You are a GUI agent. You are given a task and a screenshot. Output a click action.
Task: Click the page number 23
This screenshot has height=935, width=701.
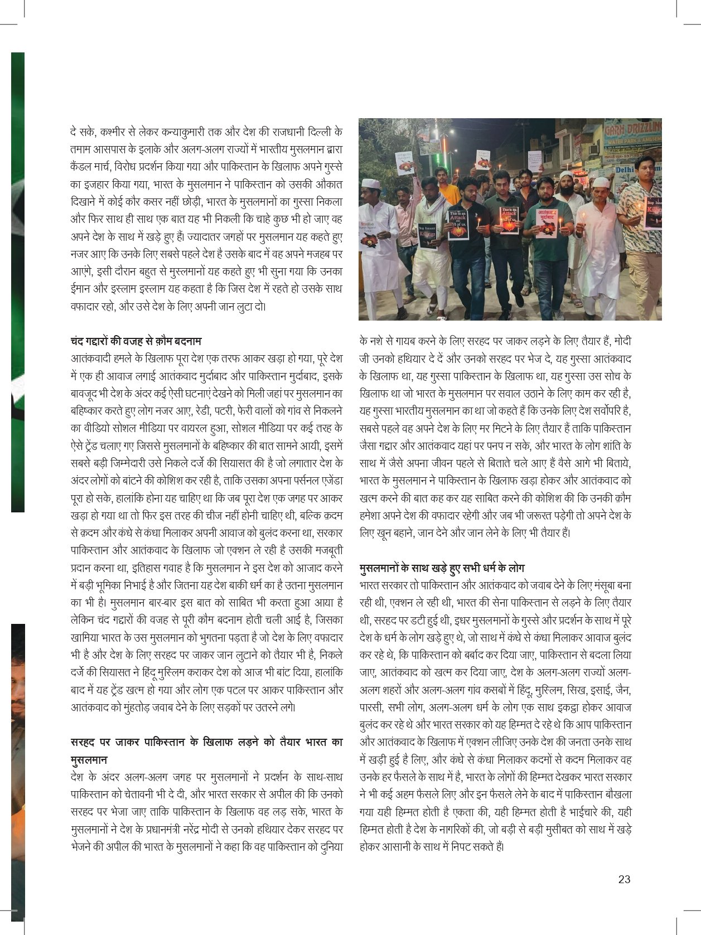tap(624, 879)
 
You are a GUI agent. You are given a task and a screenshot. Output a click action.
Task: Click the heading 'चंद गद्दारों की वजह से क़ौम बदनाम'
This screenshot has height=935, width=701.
tap(136, 340)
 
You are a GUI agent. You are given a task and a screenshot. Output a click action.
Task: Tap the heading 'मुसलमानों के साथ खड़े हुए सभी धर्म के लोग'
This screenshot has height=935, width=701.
tap(442, 568)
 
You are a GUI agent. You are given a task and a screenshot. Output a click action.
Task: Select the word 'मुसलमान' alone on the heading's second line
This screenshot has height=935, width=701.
tap(89, 759)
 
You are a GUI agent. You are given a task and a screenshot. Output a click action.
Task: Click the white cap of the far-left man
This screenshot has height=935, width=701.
tap(370, 183)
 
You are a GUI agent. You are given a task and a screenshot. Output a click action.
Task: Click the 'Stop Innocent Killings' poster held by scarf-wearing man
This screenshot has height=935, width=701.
tap(428, 236)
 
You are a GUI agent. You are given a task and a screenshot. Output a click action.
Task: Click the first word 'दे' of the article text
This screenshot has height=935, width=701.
tap(74, 132)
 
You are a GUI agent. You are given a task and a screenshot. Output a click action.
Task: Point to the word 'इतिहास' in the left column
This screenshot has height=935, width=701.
tap(154, 568)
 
